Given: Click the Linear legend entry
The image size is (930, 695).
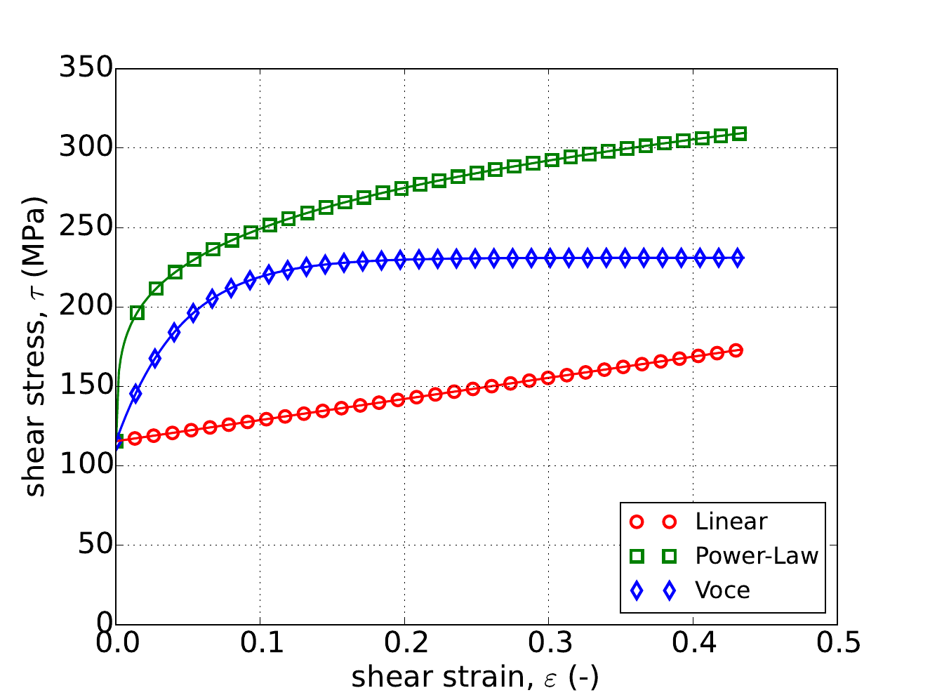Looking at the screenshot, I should point(731,522).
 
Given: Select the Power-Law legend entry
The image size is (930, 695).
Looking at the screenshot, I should point(757,556).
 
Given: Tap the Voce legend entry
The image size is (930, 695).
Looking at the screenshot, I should point(722,590).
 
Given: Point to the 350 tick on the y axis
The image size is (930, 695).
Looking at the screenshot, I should point(86,69).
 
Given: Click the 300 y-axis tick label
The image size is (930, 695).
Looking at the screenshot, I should point(86,148).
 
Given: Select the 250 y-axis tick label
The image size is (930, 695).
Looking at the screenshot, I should point(86,227).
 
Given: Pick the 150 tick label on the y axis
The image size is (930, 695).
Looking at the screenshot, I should point(86,386).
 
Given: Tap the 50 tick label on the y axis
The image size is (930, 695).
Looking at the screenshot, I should point(95,545).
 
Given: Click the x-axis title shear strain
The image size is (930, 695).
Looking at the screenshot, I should point(474,677).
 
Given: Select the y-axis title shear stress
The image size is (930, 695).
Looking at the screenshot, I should point(34,346).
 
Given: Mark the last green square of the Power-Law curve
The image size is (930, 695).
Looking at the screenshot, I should point(739,134).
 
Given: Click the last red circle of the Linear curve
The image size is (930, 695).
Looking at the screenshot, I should point(736,350).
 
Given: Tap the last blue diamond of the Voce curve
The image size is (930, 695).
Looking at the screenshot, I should point(737,258).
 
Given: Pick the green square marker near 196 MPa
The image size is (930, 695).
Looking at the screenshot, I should point(138,312).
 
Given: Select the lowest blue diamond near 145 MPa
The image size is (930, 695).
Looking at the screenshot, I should point(135,394).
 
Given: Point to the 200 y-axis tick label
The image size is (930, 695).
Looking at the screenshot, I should point(86,307).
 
